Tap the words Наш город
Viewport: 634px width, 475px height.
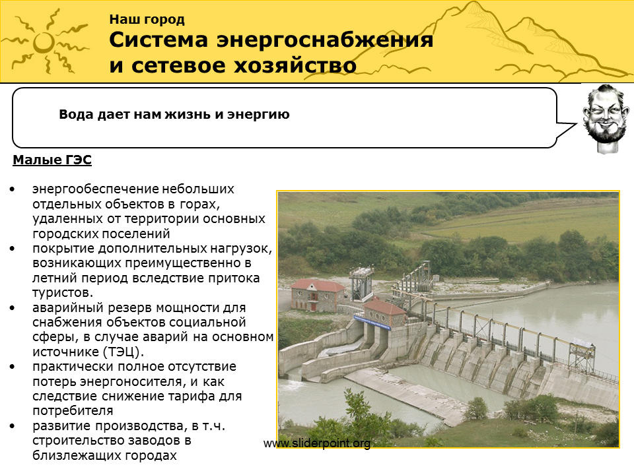(147, 19)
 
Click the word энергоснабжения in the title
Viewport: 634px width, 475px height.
(324, 41)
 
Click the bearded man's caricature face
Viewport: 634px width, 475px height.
(606, 117)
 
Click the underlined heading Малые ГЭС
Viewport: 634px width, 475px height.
(52, 160)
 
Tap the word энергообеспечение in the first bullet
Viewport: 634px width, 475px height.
(95, 189)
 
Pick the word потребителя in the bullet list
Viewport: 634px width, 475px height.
(73, 411)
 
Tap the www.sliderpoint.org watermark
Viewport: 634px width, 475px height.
(317, 443)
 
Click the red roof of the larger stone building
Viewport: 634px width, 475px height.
(318, 286)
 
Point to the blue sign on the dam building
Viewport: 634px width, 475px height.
(372, 322)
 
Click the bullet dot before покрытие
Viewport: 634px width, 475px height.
(13, 249)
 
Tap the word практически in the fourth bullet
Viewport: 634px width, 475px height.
(74, 367)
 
